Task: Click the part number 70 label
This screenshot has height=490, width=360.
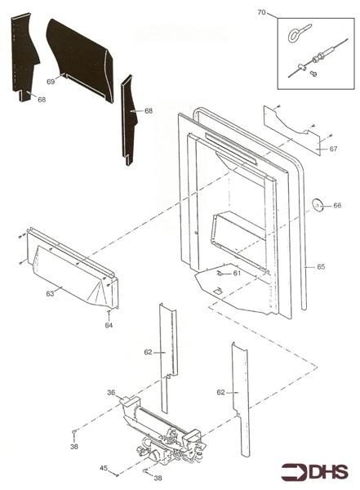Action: coord(261,12)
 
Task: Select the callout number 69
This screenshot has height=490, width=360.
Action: coord(51,82)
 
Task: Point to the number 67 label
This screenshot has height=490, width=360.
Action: coord(334,149)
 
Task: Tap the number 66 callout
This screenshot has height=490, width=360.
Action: coord(337,206)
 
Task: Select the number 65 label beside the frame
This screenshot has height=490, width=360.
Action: coord(321,266)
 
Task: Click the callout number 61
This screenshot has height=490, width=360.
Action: coord(237,274)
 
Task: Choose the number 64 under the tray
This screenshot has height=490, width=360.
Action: coord(109,325)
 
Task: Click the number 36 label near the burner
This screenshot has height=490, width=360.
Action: coord(110,392)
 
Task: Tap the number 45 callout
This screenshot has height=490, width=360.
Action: coord(104,468)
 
